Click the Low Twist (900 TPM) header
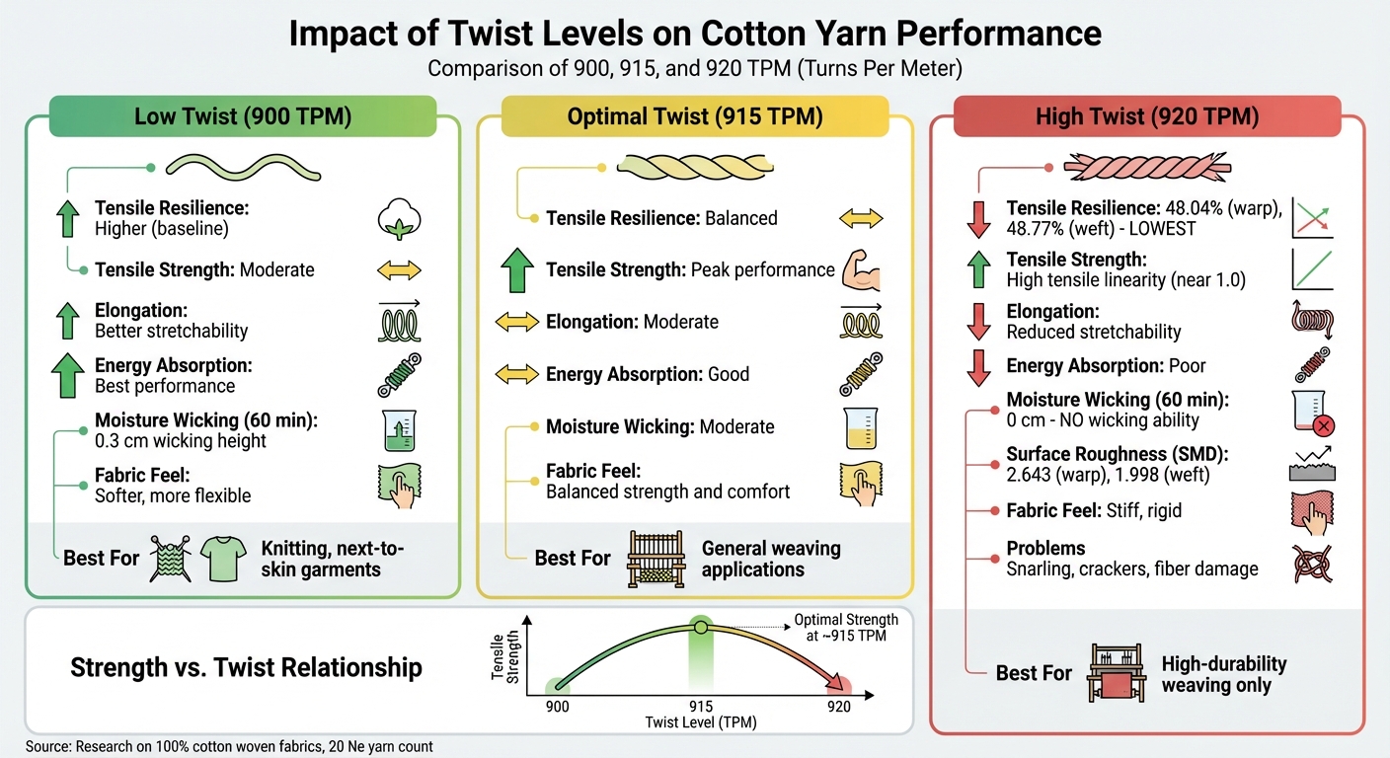pyautogui.click(x=243, y=116)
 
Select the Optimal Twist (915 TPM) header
pyautogui.click(x=694, y=116)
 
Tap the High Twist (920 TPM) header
pyautogui.click(x=1147, y=116)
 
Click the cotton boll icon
pyautogui.click(x=399, y=219)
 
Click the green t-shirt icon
pyautogui.click(x=221, y=559)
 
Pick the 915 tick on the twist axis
pyautogui.click(x=701, y=706)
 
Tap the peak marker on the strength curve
pyautogui.click(x=700, y=627)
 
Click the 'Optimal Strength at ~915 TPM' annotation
pyautogui.click(x=846, y=628)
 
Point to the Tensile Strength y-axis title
pyautogui.click(x=503, y=655)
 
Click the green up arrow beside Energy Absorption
pyautogui.click(x=68, y=375)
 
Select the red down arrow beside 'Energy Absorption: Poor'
pyautogui.click(x=978, y=366)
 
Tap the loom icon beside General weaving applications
pyautogui.click(x=656, y=560)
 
